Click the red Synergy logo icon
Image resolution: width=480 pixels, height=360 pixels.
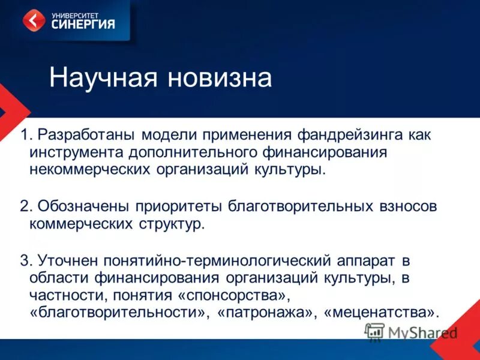pyautogui.click(x=34, y=20)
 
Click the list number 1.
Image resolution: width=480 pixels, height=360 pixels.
pyautogui.click(x=24, y=135)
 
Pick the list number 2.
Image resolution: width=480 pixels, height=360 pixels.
pyautogui.click(x=24, y=206)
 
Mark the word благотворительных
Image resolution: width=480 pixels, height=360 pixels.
pyautogui.click(x=306, y=206)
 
